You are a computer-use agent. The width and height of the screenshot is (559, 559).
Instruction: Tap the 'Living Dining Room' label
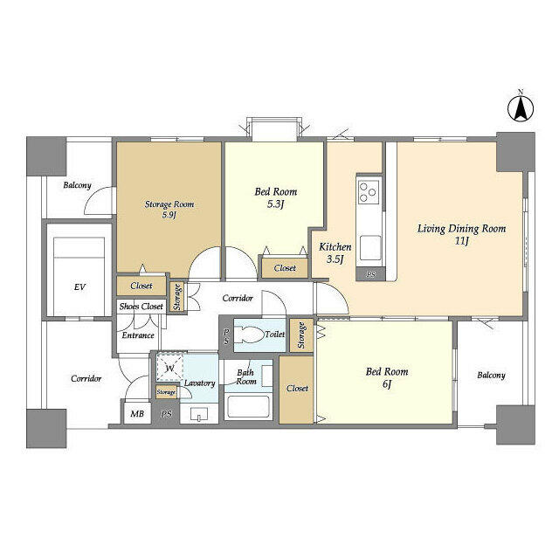461,234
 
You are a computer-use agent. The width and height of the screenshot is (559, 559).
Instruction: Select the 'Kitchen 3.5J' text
335,252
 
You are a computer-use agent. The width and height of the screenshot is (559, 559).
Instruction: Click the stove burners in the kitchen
369,190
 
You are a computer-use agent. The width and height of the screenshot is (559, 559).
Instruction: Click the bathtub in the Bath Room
249,406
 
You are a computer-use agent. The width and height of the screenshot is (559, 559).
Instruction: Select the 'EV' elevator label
79,286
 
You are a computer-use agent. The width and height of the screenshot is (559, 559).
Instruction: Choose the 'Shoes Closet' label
141,307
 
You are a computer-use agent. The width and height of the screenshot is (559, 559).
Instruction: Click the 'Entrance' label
138,335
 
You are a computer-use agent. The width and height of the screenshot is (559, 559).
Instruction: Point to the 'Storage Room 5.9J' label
169,209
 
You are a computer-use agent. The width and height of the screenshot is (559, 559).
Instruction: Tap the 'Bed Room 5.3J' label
275,197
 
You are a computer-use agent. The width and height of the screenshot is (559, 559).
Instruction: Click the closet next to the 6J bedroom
297,389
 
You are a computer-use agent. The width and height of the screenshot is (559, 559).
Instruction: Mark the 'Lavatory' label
199,383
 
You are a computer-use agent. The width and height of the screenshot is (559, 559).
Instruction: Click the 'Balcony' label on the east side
491,376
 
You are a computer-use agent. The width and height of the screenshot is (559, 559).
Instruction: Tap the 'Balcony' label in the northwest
79,186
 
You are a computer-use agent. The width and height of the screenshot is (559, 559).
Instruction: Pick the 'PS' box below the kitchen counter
370,275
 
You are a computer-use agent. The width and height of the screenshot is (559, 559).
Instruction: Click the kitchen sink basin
370,247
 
